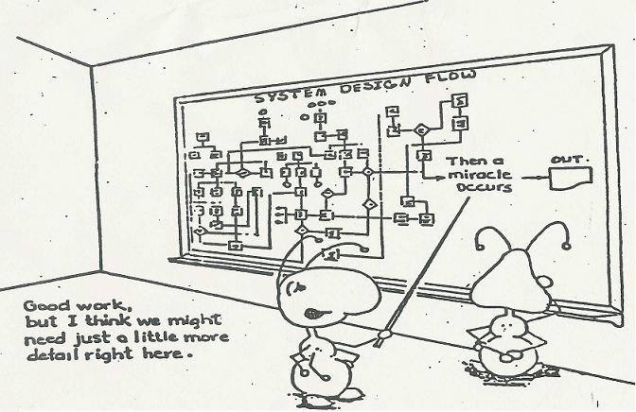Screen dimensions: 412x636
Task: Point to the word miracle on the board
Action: coord(478,176)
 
